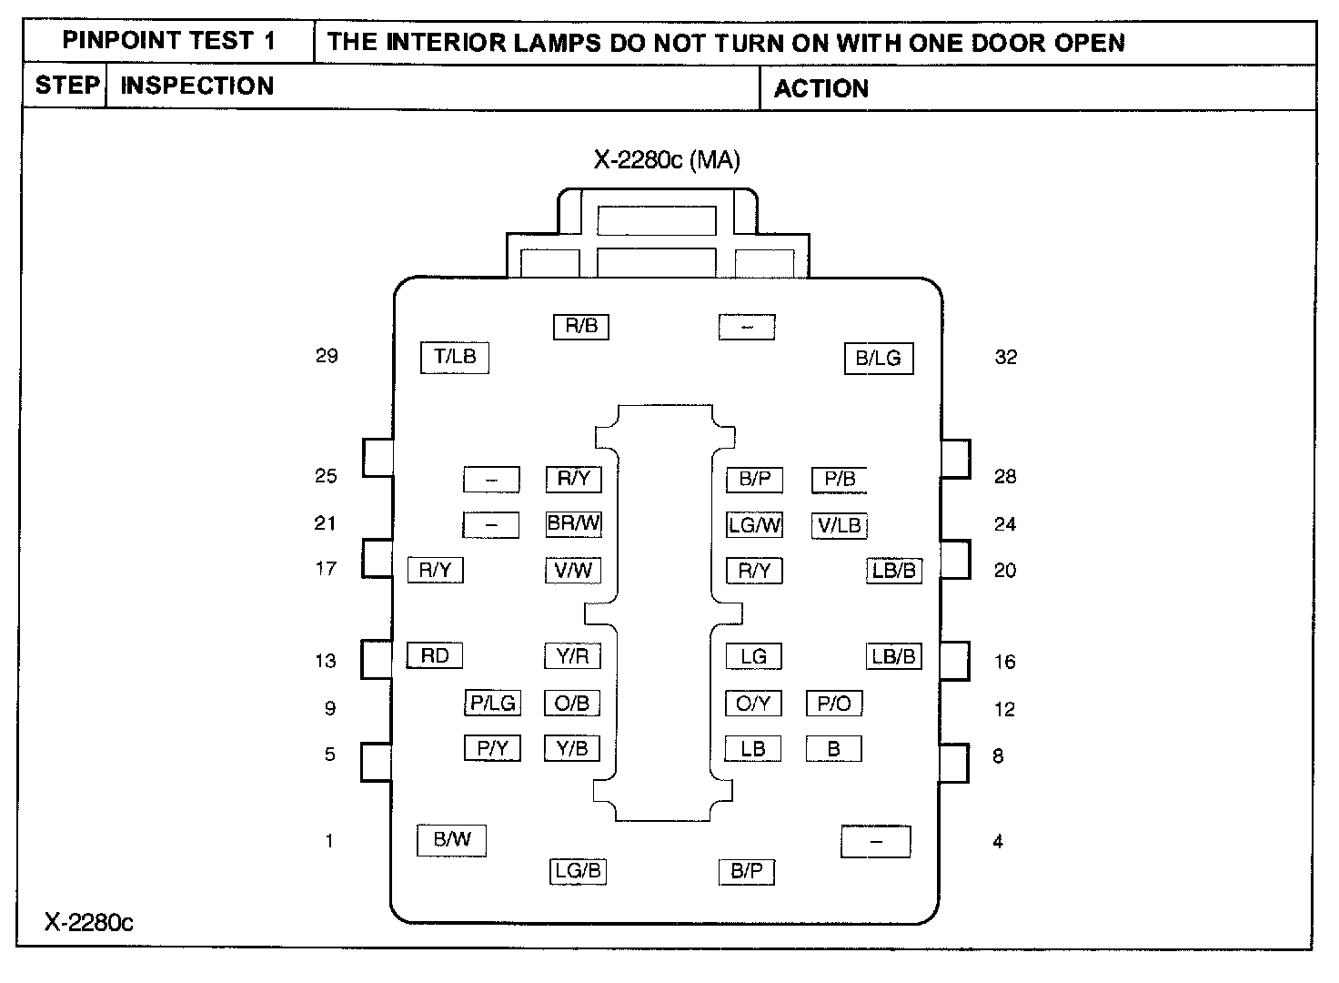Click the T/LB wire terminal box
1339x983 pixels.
454,358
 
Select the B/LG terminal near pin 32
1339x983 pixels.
879,359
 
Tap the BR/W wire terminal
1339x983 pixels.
573,524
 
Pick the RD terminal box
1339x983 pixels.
435,655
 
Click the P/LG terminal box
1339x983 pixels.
492,703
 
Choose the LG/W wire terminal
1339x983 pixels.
754,524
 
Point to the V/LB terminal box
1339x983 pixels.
840,525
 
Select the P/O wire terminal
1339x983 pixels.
834,704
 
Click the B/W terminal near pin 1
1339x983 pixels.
451,840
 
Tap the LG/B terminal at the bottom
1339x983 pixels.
578,870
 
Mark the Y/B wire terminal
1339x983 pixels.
572,748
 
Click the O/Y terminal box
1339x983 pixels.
753,704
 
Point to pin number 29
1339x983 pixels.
327,356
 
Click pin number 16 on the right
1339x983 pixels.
1005,662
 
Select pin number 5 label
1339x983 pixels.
330,754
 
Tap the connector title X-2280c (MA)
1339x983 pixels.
667,160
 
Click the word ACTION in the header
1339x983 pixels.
821,88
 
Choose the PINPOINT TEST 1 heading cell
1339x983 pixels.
168,41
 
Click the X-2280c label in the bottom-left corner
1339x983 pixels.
88,922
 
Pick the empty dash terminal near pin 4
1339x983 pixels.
876,842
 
